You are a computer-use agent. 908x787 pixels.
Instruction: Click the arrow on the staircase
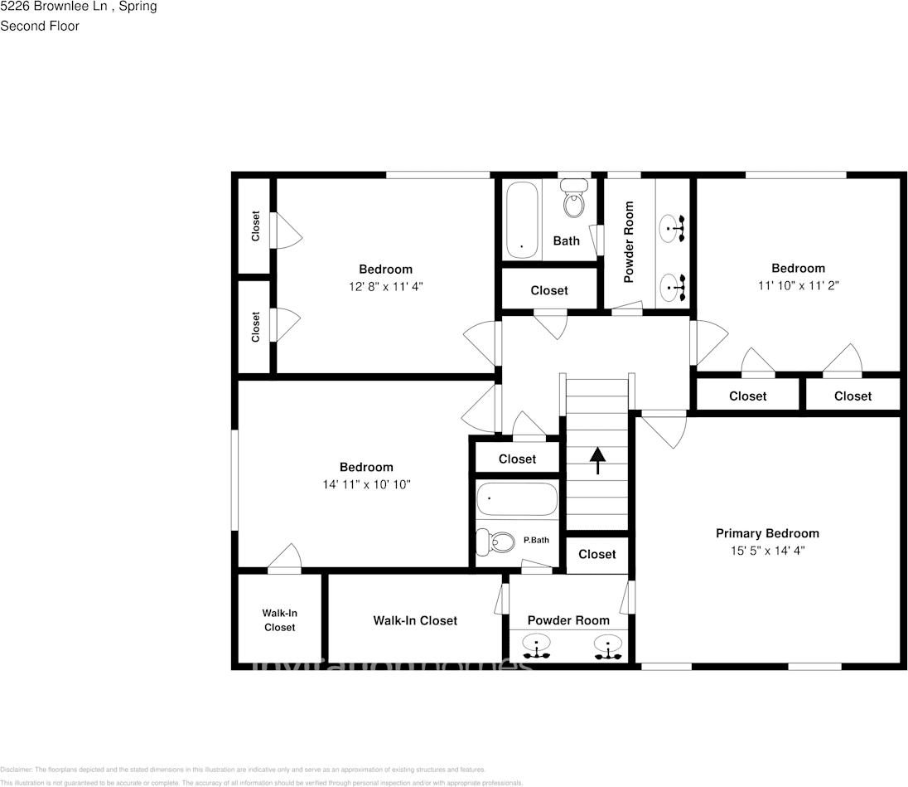click(x=596, y=460)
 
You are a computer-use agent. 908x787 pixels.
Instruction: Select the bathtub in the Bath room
click(x=522, y=219)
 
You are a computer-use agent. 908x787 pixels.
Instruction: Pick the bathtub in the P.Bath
click(x=516, y=499)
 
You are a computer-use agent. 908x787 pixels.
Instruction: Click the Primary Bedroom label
click(x=767, y=533)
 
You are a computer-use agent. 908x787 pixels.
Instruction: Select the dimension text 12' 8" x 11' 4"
click(x=385, y=286)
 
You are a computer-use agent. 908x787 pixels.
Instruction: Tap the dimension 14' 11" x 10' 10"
click(x=366, y=484)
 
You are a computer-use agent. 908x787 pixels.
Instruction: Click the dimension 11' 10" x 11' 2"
click(x=798, y=284)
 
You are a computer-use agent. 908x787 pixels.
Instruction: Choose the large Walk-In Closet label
click(x=414, y=620)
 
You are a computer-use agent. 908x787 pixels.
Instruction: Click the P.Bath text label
click(x=536, y=541)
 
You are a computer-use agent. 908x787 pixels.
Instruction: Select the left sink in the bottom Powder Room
click(x=536, y=647)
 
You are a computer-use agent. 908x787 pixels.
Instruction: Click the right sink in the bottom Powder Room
click(x=608, y=647)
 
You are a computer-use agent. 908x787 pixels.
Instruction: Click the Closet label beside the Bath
click(x=549, y=290)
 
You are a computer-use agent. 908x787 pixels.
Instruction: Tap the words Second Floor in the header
click(x=40, y=26)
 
